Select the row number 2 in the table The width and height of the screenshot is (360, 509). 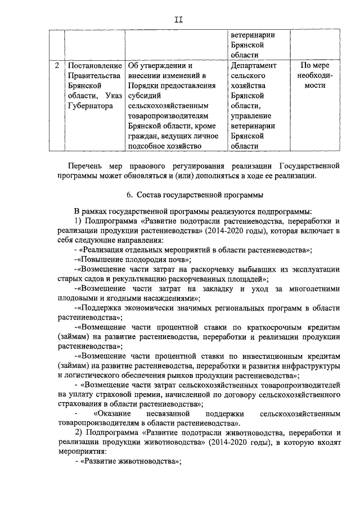click(x=57, y=66)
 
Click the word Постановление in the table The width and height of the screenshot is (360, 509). click(x=93, y=66)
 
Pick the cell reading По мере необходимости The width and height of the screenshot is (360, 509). click(x=312, y=76)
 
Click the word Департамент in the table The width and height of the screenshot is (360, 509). click(x=254, y=66)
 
